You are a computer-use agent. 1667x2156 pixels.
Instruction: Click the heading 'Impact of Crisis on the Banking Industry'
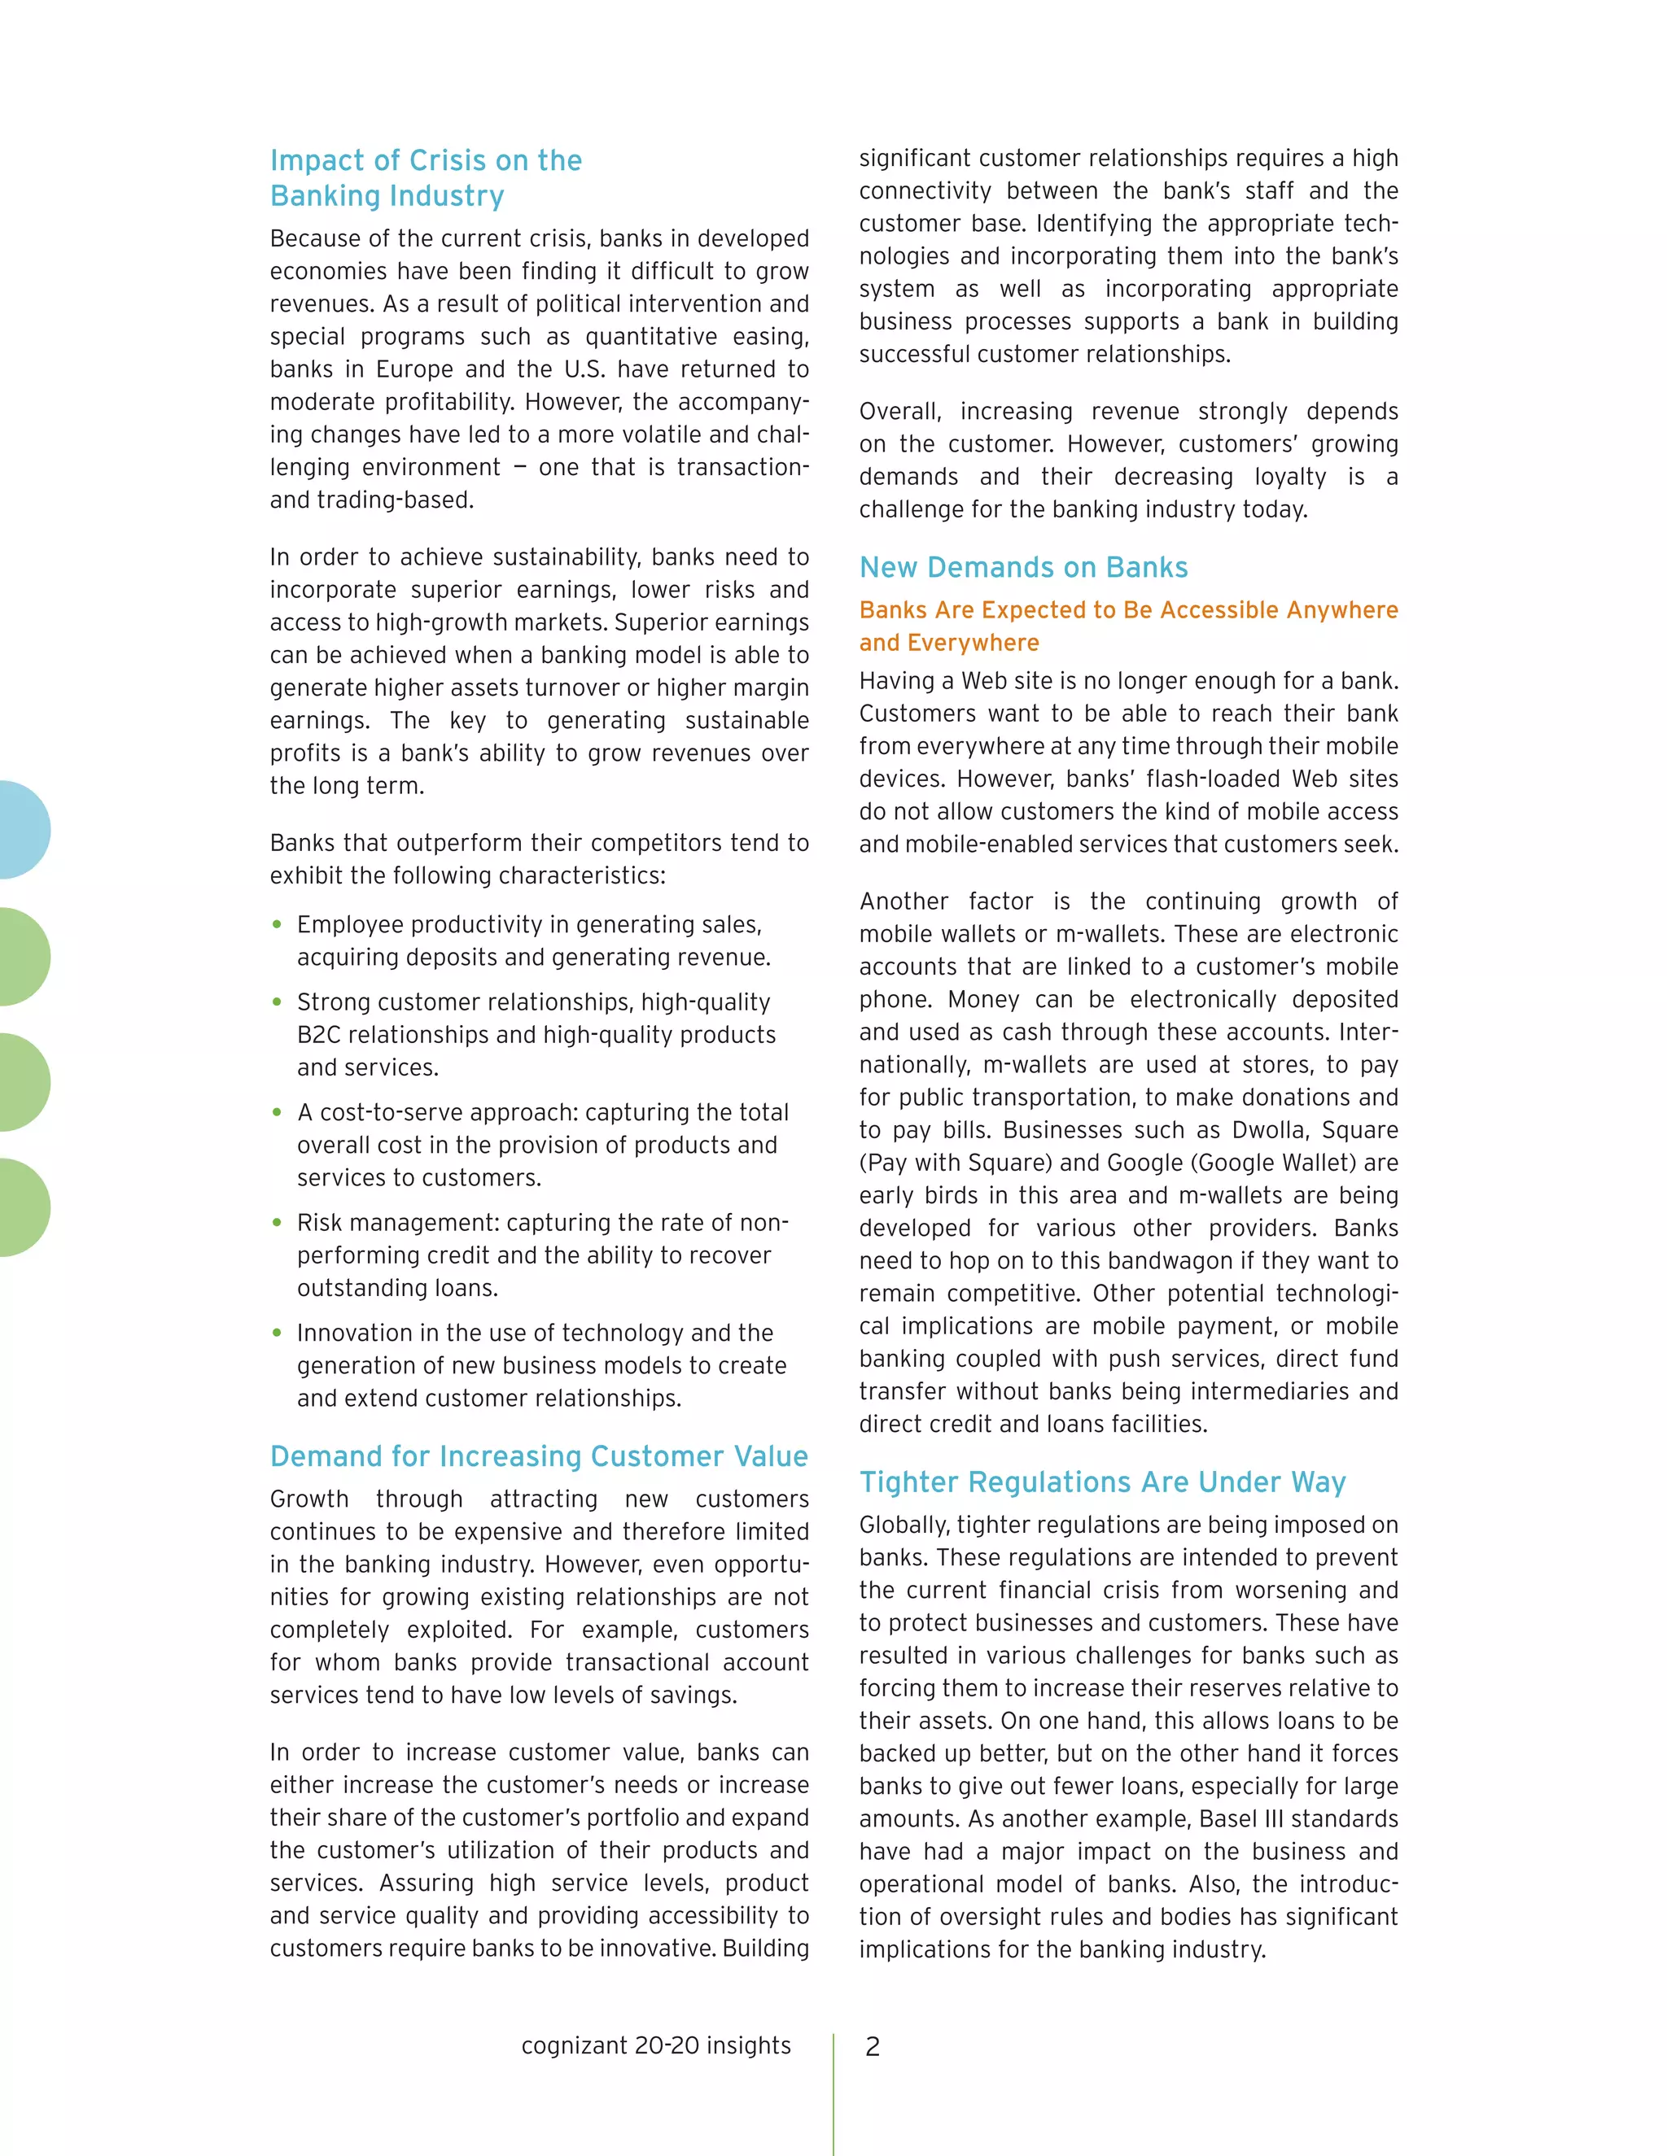[x=426, y=177]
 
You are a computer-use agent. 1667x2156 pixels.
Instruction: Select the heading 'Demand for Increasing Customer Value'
[x=538, y=1456]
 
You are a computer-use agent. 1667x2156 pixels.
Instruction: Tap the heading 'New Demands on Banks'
[x=1023, y=568]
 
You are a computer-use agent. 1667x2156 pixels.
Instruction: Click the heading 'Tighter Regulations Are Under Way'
[x=1102, y=1482]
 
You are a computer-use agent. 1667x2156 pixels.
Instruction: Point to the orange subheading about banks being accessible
[x=1128, y=626]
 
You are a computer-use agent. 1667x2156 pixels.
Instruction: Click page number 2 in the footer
[x=872, y=2046]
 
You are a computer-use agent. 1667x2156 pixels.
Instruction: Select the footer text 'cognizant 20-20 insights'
[x=656, y=2045]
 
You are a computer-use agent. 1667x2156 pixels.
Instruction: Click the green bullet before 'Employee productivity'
[x=278, y=925]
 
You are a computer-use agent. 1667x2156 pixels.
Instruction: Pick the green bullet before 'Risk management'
[x=278, y=1223]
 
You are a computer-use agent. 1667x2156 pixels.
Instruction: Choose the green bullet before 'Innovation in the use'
[x=278, y=1333]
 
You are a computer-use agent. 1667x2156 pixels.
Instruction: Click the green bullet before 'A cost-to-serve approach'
[x=278, y=1112]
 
